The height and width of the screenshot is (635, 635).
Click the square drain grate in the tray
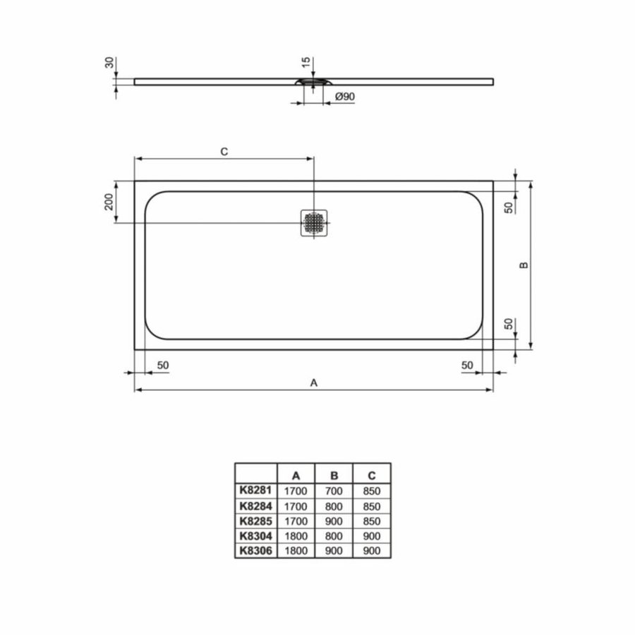tap(314, 224)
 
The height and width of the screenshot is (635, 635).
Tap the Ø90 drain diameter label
tap(345, 97)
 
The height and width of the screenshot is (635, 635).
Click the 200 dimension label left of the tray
tap(109, 202)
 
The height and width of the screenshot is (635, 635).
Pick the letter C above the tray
tap(224, 152)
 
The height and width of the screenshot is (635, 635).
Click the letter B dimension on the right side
tap(524, 265)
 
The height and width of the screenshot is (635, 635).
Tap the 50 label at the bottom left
tap(162, 365)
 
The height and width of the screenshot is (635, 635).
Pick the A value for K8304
tap(296, 535)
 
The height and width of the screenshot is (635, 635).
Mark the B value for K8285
tap(335, 521)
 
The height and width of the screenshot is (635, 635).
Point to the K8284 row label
tap(255, 506)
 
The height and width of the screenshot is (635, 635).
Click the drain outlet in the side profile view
tap(313, 83)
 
